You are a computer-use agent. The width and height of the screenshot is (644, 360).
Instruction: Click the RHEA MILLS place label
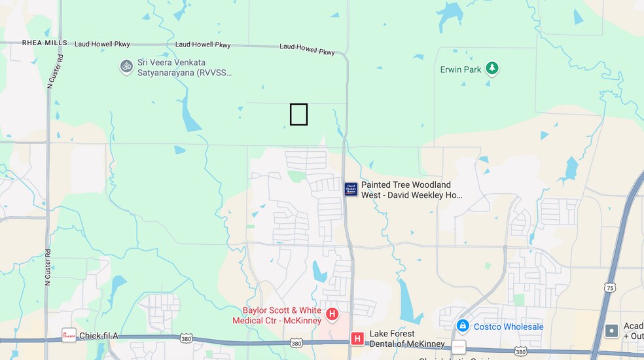[x=45, y=43]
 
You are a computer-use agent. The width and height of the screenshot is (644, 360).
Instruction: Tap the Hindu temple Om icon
[x=126, y=66]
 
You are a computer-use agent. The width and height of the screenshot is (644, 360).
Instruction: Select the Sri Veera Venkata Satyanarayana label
[x=184, y=67]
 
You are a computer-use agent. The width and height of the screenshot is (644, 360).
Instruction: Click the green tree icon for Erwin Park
[x=492, y=69]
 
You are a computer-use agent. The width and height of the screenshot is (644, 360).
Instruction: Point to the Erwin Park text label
[x=461, y=69]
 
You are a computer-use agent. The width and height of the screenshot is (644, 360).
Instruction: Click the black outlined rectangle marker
[x=298, y=115]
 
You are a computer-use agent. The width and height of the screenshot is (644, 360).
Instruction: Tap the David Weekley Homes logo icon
[x=351, y=190]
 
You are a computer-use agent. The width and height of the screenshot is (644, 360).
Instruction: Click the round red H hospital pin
[x=332, y=315]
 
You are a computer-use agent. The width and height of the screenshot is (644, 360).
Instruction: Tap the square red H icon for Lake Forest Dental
[x=357, y=338]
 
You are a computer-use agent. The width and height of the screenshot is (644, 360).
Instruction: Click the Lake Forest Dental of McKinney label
[x=407, y=338]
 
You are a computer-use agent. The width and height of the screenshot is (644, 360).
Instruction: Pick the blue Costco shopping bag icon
[x=463, y=326]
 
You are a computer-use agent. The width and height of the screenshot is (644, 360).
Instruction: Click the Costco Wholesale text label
[x=509, y=327]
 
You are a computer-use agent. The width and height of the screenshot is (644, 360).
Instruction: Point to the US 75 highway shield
[x=610, y=287]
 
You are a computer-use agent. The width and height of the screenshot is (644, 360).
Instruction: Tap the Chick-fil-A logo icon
[x=69, y=336]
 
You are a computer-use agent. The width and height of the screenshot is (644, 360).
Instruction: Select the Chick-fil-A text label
[x=98, y=336]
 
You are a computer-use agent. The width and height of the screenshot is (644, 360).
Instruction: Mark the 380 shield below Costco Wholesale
[x=520, y=351]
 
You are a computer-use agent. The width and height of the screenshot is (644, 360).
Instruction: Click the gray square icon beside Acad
[x=611, y=331]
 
